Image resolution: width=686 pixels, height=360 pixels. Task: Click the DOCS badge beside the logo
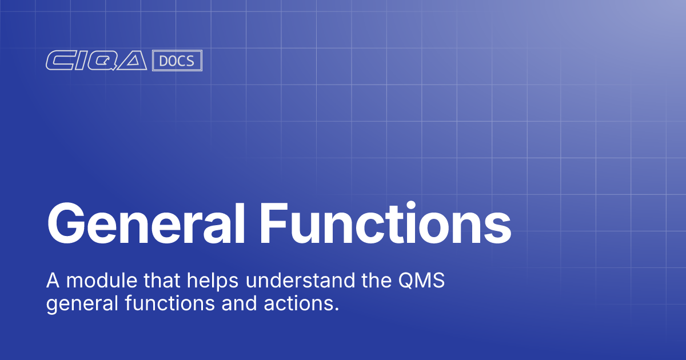click(x=177, y=61)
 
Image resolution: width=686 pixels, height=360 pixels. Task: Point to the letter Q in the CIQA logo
click(x=102, y=61)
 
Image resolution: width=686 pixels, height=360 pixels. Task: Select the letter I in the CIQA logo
click(x=79, y=61)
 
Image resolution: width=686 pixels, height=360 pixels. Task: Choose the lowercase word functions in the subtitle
click(x=158, y=303)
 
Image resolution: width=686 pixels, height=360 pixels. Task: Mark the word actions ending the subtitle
click(x=292, y=303)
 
